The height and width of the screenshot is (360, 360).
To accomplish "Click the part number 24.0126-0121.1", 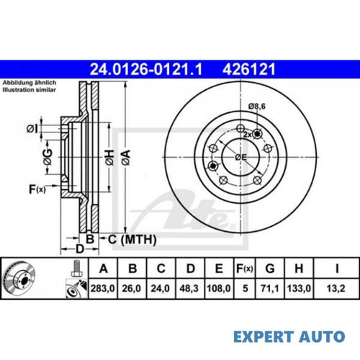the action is [x=146, y=69].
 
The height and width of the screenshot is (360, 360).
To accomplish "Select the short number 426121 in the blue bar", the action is [x=249, y=69].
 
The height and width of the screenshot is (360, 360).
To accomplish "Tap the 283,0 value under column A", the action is [x=102, y=288].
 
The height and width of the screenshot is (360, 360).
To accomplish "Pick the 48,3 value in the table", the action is [x=189, y=288].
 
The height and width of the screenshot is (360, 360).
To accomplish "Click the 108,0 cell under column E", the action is [x=219, y=288].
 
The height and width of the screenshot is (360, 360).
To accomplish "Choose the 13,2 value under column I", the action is [x=336, y=288].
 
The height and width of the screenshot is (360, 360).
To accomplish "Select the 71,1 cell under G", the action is [x=270, y=288].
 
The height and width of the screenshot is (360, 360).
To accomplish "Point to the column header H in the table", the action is [x=299, y=269].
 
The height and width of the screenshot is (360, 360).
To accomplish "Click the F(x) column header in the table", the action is [x=245, y=269].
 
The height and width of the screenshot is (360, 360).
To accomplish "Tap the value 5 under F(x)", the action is [x=245, y=288].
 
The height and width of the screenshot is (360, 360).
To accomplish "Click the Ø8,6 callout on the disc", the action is [x=257, y=107].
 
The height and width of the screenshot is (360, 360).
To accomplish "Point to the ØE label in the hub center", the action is [x=241, y=158].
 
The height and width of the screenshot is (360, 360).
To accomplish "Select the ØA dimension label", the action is [x=126, y=158].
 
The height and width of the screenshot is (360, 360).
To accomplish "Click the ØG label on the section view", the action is [x=48, y=157].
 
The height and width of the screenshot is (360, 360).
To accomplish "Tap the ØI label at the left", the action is [x=32, y=129].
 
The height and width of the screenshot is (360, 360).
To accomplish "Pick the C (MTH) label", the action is [x=132, y=240].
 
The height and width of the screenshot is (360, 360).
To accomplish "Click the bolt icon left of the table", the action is [x=76, y=269].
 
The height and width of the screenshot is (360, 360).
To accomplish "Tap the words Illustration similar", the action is [x=29, y=90].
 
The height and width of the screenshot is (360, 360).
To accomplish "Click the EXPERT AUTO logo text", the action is [x=289, y=336].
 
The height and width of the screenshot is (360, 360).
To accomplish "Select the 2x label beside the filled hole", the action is [x=248, y=135].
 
